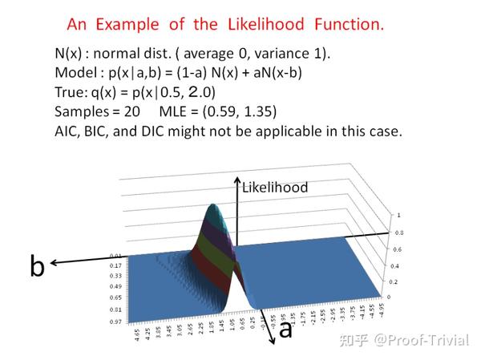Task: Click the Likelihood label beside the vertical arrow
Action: click(275, 188)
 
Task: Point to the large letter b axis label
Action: click(37, 265)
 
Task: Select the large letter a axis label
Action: click(285, 329)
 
